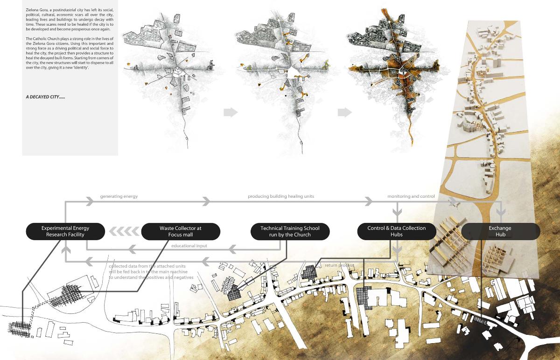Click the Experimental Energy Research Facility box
point(65,231)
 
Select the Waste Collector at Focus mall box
point(180,231)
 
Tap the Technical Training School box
point(290,231)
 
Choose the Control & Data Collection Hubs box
point(397,231)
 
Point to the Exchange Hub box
point(500,231)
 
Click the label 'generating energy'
point(119,197)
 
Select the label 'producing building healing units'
point(281,197)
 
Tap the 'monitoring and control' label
point(411,197)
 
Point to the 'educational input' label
point(189,246)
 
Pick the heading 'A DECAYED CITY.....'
point(46,97)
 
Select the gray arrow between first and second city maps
point(231,112)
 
